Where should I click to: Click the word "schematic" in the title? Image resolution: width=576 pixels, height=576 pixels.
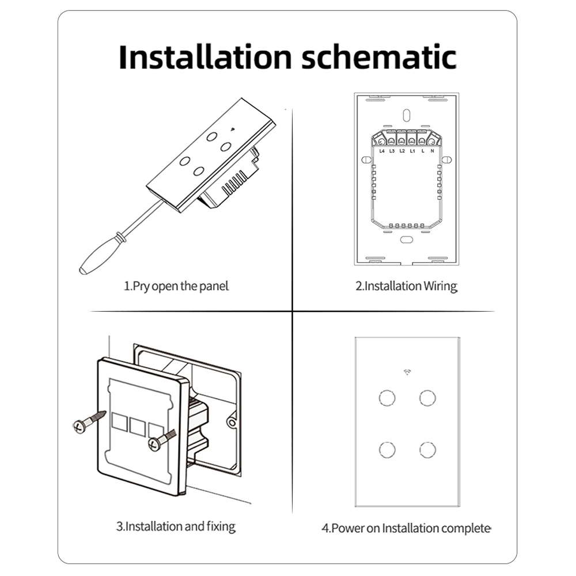(379, 56)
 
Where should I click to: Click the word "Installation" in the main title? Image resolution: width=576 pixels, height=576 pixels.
(205, 56)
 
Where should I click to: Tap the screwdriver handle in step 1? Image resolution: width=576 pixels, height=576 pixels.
(99, 254)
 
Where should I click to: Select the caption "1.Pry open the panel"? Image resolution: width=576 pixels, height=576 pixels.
(176, 286)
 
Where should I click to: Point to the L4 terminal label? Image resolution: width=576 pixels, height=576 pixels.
(382, 151)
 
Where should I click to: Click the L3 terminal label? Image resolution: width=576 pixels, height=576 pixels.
(392, 151)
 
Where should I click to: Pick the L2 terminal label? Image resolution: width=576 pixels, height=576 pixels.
(402, 151)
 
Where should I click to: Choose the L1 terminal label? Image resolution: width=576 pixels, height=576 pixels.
(412, 151)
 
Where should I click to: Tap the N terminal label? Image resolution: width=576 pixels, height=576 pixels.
(433, 151)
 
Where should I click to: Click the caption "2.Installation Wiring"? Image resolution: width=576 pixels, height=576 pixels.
(406, 286)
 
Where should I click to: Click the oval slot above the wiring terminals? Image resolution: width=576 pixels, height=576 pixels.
(406, 115)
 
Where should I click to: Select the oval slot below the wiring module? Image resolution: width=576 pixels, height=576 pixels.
(406, 240)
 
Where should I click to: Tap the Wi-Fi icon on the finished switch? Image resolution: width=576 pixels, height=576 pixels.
(407, 372)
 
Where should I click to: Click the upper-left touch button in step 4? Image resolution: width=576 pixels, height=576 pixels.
(387, 398)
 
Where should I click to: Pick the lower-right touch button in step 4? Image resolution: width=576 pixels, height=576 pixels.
(427, 450)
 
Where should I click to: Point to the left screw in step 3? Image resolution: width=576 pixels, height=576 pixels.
(89, 422)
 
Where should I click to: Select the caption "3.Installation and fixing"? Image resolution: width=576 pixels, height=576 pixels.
(176, 526)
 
